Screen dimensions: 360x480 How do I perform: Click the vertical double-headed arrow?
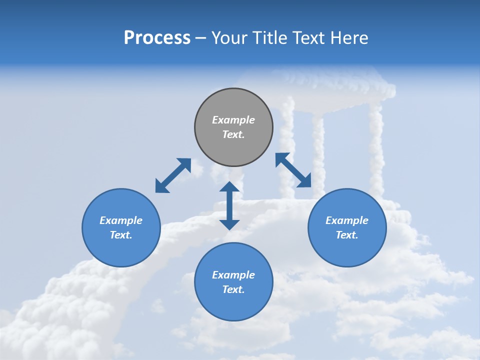[x=229, y=205]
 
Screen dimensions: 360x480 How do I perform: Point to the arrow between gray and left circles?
[x=173, y=175]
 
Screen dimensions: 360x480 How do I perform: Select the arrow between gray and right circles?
[x=293, y=170]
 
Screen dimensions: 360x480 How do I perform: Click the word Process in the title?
[x=157, y=38]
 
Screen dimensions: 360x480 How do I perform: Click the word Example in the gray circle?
[x=233, y=120]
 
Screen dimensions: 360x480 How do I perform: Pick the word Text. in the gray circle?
[x=233, y=134]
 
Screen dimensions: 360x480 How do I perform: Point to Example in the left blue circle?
[x=121, y=220]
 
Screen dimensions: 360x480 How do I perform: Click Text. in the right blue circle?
[x=347, y=235]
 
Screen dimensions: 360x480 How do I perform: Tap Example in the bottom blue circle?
[x=233, y=275]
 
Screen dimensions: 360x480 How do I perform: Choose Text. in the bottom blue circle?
[x=233, y=289]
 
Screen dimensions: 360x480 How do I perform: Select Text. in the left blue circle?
[x=121, y=235]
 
